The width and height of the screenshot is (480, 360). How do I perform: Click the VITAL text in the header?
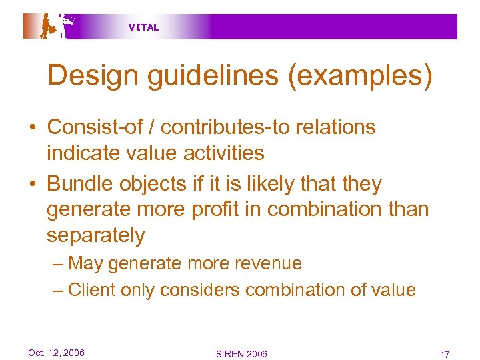[143, 27]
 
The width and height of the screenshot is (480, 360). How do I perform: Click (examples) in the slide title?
[360, 76]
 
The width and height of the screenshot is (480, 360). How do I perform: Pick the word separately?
[95, 235]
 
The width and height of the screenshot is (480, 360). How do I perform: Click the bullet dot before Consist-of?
[32, 127]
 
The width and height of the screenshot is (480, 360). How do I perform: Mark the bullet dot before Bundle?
[32, 184]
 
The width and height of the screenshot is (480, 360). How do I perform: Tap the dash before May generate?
[58, 264]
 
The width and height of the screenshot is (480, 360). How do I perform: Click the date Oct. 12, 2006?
[56, 353]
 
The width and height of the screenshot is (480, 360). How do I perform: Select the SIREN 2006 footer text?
[241, 353]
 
